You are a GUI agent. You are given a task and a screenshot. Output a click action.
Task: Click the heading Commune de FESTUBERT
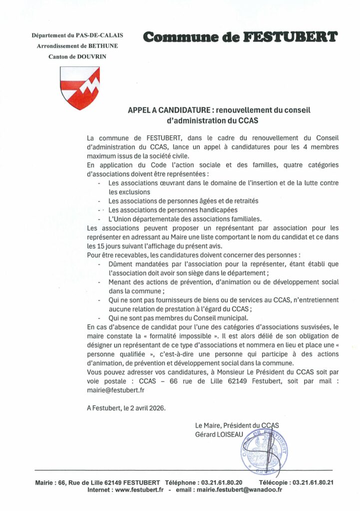[240, 37]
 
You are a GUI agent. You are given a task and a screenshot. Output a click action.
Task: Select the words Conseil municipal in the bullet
[220, 318]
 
